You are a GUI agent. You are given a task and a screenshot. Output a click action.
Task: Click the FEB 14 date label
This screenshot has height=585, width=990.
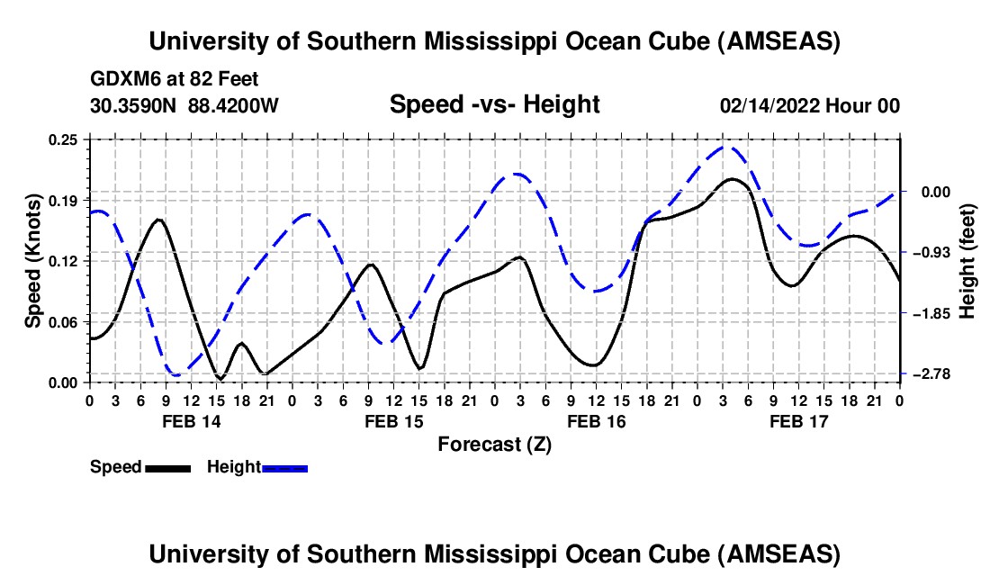point(191,421)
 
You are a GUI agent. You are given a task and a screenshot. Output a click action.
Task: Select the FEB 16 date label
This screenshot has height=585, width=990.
point(596,421)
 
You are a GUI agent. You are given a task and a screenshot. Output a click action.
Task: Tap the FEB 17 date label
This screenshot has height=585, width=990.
point(798,421)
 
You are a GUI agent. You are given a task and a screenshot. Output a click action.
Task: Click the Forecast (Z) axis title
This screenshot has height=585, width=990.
point(494,444)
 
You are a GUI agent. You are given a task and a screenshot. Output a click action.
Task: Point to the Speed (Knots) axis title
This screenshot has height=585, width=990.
point(32,261)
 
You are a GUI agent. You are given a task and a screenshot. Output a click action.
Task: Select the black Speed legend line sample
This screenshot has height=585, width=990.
point(167,467)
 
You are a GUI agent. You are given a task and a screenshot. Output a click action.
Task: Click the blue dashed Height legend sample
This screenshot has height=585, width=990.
point(285,467)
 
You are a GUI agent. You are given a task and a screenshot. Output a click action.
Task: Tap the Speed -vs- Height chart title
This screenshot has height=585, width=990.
point(494,104)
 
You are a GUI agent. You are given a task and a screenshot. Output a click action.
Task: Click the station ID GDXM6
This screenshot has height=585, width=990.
point(121,79)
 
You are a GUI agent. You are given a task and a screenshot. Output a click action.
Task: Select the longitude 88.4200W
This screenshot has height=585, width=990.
point(234,105)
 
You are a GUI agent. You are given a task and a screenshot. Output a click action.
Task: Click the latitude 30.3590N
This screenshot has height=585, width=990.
point(134,105)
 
